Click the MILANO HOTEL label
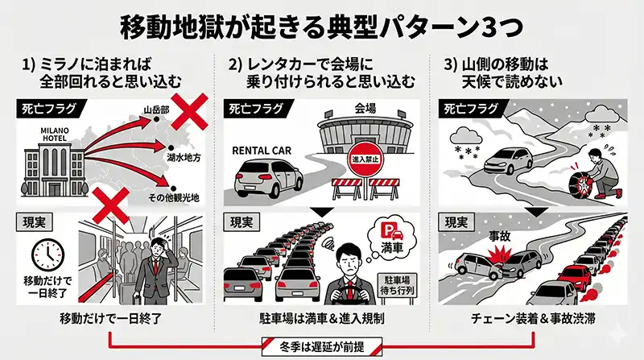[x=55, y=134]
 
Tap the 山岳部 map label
[x=156, y=110]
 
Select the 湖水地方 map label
[x=184, y=157]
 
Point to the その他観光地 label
[x=174, y=197]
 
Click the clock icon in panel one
[x=48, y=255]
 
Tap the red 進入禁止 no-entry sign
[x=365, y=159]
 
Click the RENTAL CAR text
[x=261, y=151]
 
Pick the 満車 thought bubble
[x=391, y=238]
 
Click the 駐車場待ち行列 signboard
[x=397, y=286]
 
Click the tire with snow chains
[x=579, y=183]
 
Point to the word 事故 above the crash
[x=499, y=236]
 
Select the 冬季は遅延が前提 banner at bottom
[x=322, y=347]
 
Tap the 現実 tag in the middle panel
[x=242, y=223]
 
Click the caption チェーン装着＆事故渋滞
[x=533, y=318]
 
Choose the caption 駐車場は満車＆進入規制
[x=322, y=318]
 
